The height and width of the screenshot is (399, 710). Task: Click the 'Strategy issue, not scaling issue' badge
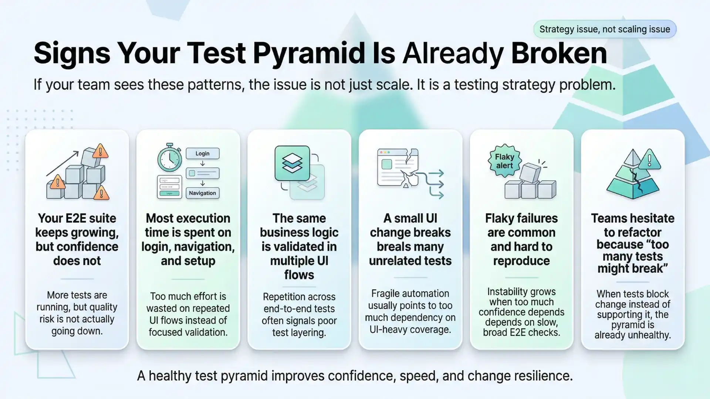(x=605, y=29)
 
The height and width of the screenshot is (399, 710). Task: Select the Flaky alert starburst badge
(x=505, y=161)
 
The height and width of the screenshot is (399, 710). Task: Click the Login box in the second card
(x=202, y=154)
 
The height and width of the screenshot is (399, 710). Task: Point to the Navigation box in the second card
(x=202, y=193)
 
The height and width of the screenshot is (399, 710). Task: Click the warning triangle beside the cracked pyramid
(x=649, y=160)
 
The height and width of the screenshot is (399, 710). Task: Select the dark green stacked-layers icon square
(x=292, y=163)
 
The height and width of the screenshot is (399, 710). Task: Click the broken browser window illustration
(x=398, y=168)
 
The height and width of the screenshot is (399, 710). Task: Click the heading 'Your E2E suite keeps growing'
(x=77, y=225)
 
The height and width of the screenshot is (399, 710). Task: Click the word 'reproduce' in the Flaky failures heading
(x=521, y=261)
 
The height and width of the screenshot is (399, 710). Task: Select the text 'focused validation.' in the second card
(x=188, y=332)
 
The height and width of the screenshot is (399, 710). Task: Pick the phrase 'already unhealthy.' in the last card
(x=632, y=335)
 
